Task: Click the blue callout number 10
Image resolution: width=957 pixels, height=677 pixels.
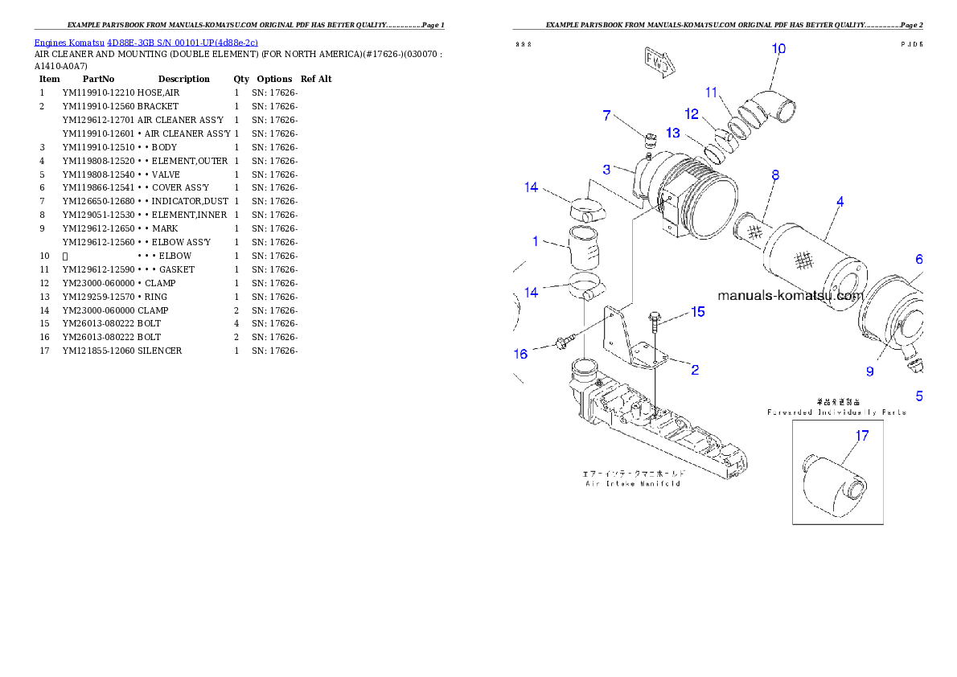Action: click(778, 48)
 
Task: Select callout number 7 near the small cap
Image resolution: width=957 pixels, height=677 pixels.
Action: click(607, 116)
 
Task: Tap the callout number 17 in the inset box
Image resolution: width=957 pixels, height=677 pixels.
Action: click(862, 437)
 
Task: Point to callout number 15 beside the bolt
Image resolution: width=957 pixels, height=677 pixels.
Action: click(698, 311)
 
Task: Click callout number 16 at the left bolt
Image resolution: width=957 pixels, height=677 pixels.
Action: click(521, 354)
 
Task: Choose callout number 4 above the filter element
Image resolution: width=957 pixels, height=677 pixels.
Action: click(840, 202)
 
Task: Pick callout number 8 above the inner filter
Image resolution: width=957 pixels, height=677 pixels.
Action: click(774, 174)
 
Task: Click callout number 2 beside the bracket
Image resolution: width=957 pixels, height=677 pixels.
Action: click(695, 370)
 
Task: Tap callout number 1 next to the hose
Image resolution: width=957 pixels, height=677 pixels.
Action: click(535, 241)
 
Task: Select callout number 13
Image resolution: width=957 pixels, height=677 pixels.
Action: click(672, 133)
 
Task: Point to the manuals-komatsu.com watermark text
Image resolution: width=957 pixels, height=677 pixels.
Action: click(789, 295)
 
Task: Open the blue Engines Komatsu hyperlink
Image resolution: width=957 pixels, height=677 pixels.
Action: click(146, 42)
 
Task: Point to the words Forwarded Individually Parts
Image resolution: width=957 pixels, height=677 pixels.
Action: click(836, 412)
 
